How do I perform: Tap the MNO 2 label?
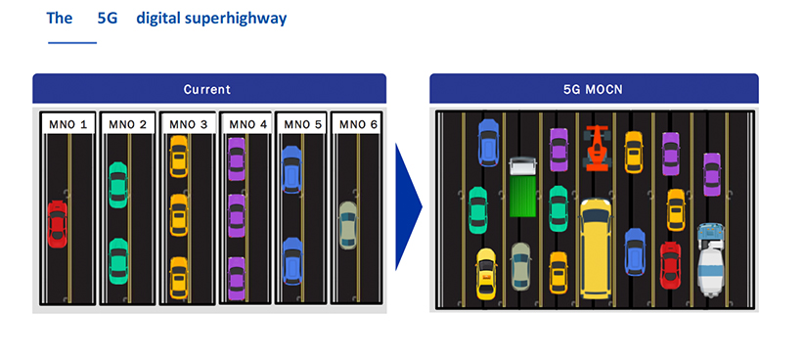(128, 124)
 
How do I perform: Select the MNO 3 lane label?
(188, 124)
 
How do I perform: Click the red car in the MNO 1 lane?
(58, 223)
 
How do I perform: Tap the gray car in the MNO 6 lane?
(347, 225)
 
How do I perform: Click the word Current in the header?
(208, 89)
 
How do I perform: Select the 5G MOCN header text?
(594, 89)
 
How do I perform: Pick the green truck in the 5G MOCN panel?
(522, 185)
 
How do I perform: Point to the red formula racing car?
(596, 147)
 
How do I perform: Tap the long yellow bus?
(595, 247)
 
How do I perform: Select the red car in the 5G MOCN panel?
(670, 264)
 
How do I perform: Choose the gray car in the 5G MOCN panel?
(520, 265)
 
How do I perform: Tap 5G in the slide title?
(108, 18)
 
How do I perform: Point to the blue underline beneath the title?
(72, 43)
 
